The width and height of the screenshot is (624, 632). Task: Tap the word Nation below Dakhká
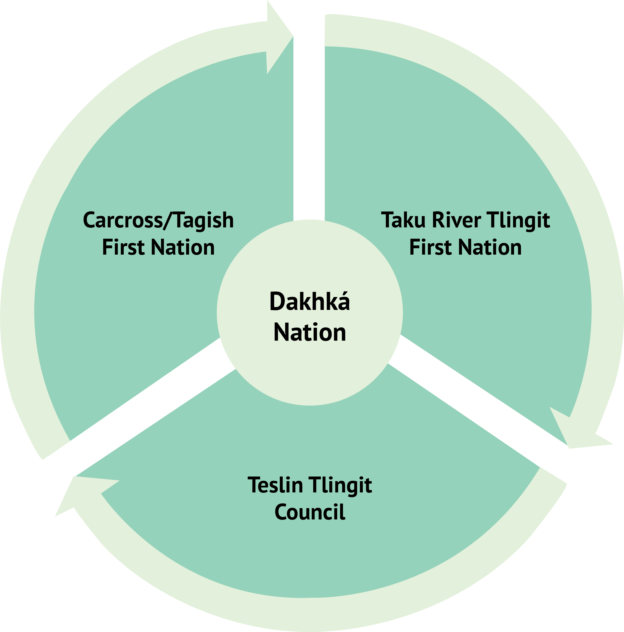310,332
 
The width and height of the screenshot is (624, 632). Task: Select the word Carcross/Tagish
158,220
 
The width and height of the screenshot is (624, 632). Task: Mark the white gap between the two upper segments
309,131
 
